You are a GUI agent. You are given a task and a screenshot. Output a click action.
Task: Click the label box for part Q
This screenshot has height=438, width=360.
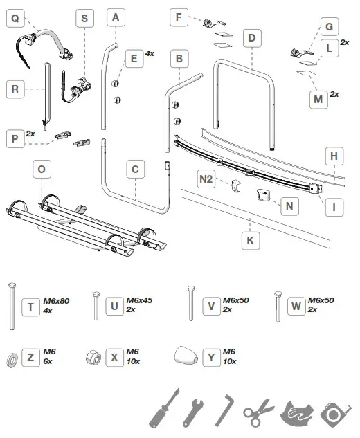15,19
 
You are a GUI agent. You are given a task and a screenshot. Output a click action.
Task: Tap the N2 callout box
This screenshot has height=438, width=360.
206,179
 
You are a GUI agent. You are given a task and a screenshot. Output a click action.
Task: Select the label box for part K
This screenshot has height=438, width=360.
251,240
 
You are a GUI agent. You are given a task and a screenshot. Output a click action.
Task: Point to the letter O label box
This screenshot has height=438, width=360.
42,169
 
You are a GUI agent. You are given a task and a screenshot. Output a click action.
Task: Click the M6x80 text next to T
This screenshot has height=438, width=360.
56,301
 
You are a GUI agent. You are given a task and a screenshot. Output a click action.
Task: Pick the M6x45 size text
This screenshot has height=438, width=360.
139,300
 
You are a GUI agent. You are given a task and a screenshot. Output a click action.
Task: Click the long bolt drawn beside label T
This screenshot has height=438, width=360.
12,307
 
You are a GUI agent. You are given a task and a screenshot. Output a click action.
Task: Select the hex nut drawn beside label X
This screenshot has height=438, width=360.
93,358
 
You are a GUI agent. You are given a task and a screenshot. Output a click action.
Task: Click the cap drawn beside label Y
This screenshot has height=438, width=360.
186,356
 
